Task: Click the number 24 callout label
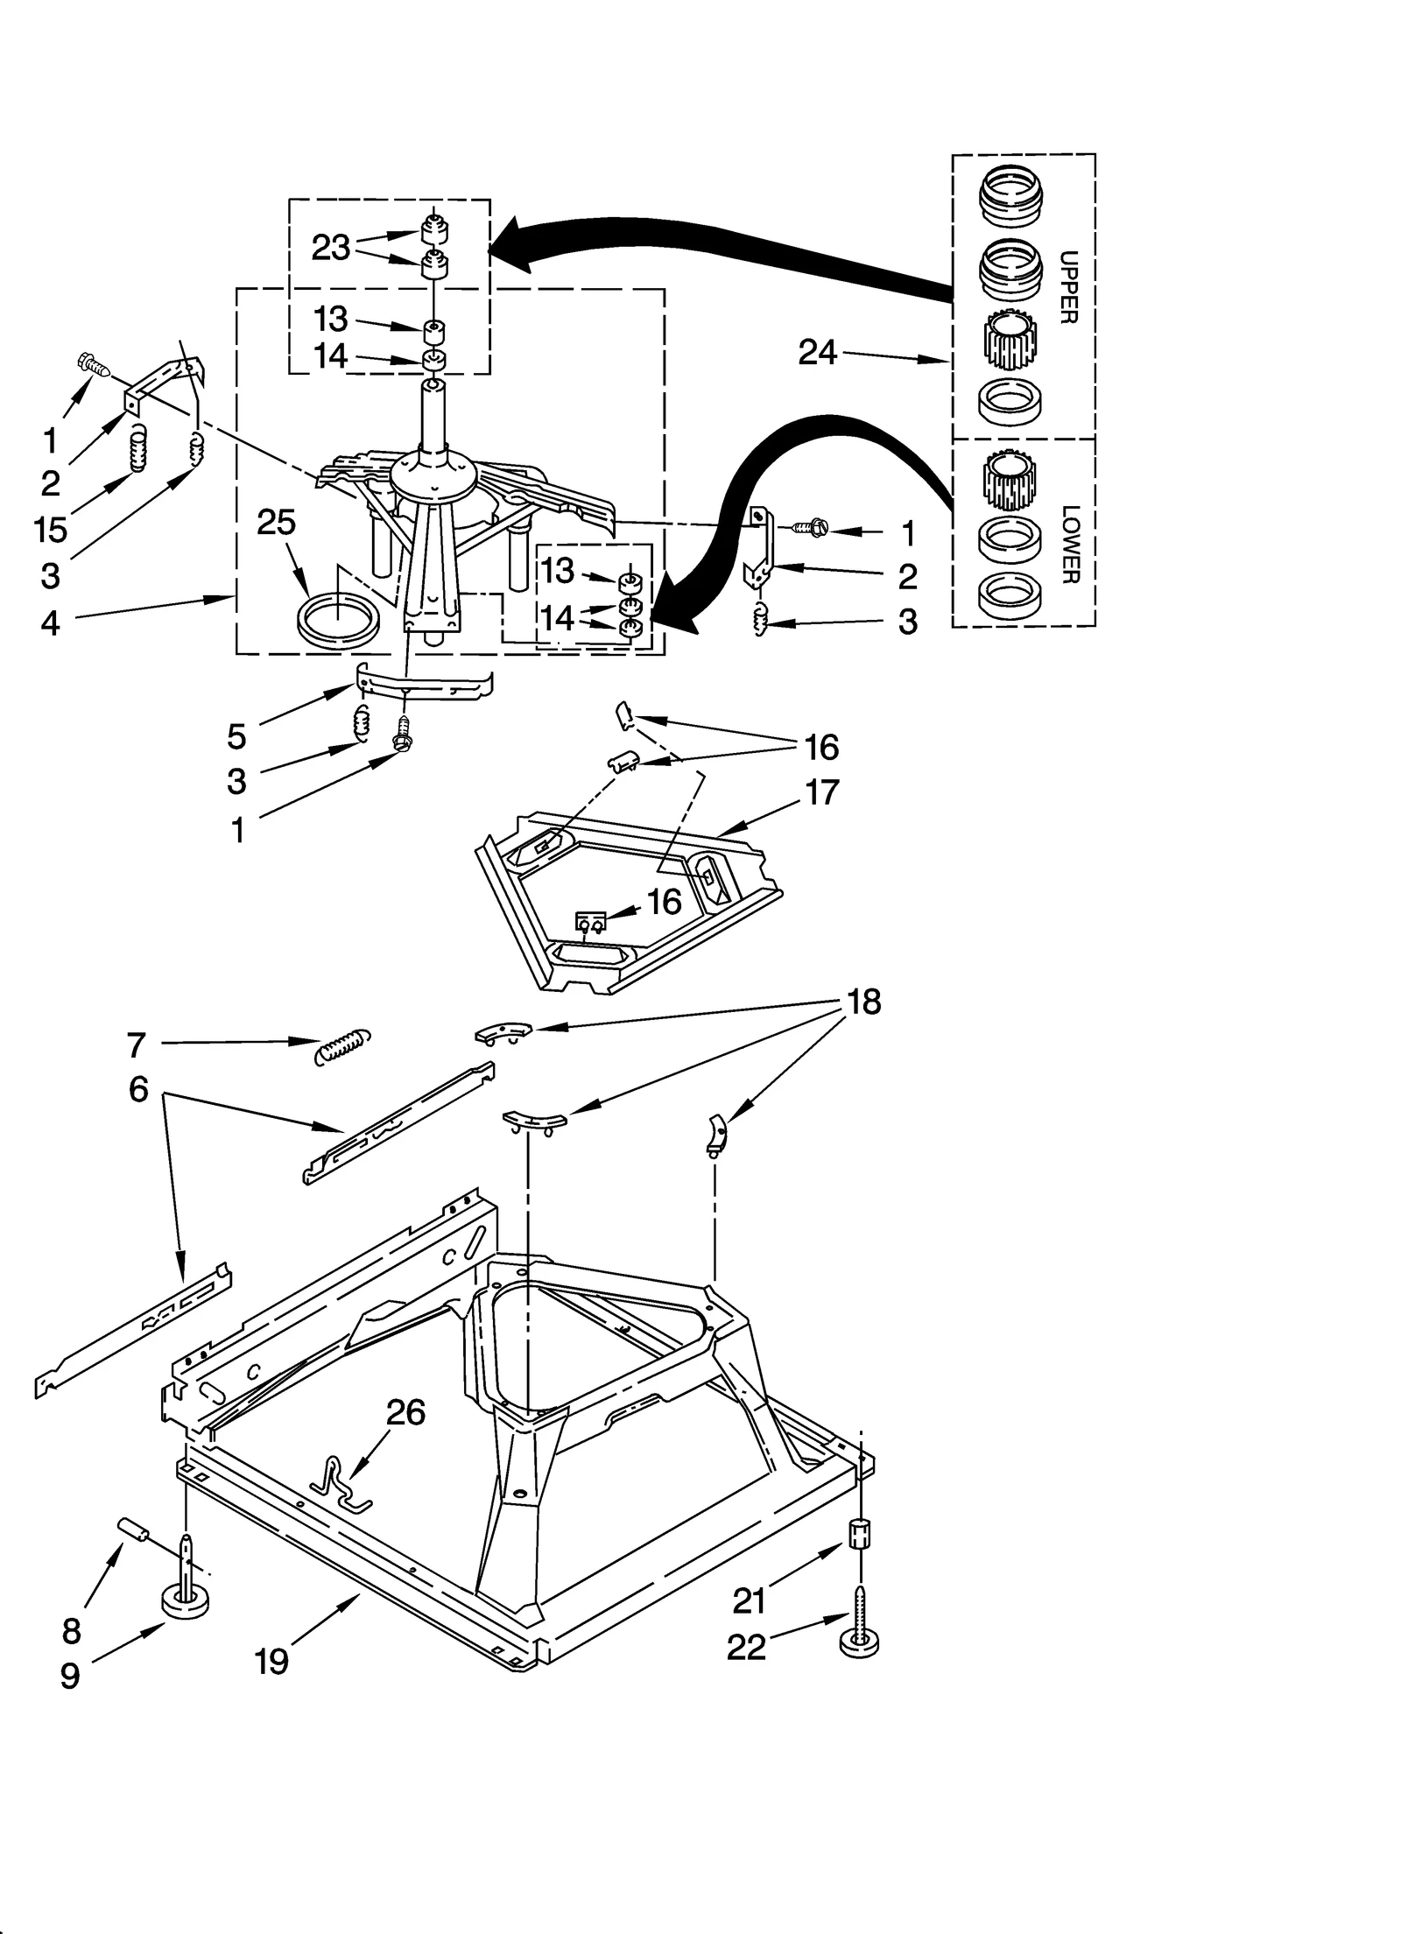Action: point(817,353)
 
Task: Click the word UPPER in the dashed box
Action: point(1068,287)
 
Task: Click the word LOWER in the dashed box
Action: point(1068,544)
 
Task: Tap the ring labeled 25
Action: point(338,621)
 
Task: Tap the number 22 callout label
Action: point(746,1648)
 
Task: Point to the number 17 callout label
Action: point(821,792)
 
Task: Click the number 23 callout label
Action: point(331,249)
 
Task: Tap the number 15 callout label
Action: point(51,530)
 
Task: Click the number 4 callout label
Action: point(50,622)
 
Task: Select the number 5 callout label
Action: point(236,736)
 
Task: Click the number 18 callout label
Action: point(864,1002)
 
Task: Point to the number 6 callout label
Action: point(138,1089)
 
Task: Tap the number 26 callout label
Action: point(405,1412)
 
